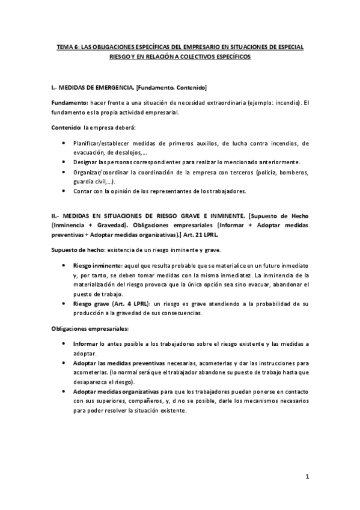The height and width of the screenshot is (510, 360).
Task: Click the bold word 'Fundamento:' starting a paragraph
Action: tap(70, 103)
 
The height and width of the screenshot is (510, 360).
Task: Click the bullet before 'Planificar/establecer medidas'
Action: tap(64, 143)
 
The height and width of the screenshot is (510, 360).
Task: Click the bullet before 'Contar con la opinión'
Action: tap(64, 191)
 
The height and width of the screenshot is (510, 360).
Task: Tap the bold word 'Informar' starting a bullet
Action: tap(86, 344)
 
